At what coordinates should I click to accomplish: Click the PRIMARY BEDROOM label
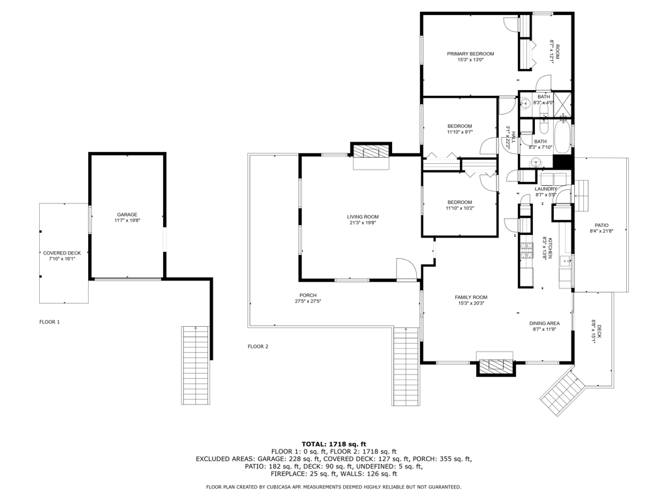pos(470,54)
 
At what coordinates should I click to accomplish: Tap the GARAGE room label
pos(127,215)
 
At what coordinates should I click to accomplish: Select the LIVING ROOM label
pos(363,217)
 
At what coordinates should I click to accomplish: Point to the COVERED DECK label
pos(62,253)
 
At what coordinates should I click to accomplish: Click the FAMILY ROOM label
pos(471,297)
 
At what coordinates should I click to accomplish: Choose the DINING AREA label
pos(545,324)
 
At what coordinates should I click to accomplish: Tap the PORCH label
pos(308,296)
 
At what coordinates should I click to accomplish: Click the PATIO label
pos(601,225)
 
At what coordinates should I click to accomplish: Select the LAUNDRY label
pos(546,189)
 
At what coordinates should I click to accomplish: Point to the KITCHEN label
pos(550,248)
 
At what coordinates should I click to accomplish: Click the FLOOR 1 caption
pos(50,322)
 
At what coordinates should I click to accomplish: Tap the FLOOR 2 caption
pos(258,347)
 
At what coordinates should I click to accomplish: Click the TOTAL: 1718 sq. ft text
pos(334,444)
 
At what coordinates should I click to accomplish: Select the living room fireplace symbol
pos(371,151)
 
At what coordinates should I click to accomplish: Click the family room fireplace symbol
pos(496,365)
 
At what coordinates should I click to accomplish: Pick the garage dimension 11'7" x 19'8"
pos(127,220)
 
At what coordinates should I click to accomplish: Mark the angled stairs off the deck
pos(566,392)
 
